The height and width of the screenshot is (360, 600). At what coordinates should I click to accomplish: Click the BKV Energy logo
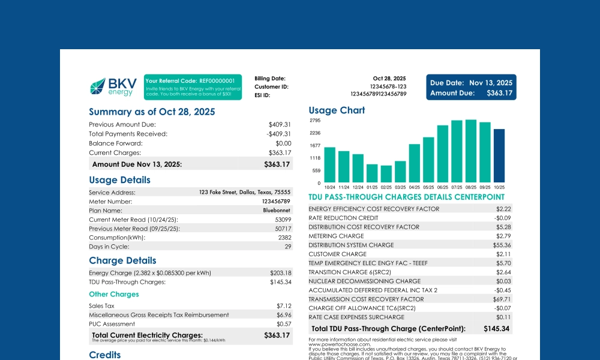point(113,86)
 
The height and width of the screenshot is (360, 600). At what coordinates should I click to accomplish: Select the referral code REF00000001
point(217,80)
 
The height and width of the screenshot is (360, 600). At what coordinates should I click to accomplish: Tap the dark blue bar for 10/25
point(499,156)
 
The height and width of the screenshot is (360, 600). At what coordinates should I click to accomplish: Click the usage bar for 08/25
point(471,151)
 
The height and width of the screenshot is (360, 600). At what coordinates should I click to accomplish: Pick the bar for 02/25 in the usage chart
point(386,174)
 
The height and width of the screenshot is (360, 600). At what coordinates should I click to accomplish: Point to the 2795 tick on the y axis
point(315,121)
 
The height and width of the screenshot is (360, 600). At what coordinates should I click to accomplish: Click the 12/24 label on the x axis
point(358,187)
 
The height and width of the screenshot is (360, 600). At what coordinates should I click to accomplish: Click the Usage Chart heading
point(337,110)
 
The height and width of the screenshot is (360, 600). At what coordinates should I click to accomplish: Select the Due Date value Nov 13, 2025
point(491,83)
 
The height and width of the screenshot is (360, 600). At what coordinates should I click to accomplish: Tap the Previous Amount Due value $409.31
point(279,125)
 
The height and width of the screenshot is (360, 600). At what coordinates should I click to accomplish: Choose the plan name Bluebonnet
point(277,211)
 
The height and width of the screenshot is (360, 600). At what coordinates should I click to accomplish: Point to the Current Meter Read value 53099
point(283,220)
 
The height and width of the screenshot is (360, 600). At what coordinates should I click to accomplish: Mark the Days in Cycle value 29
point(287,247)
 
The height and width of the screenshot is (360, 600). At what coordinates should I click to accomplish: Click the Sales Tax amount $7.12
point(283,306)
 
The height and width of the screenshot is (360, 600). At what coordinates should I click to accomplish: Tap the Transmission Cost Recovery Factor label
point(366,299)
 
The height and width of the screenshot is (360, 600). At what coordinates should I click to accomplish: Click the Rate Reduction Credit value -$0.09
point(503,218)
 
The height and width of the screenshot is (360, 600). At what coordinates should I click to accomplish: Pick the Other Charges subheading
point(113,294)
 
